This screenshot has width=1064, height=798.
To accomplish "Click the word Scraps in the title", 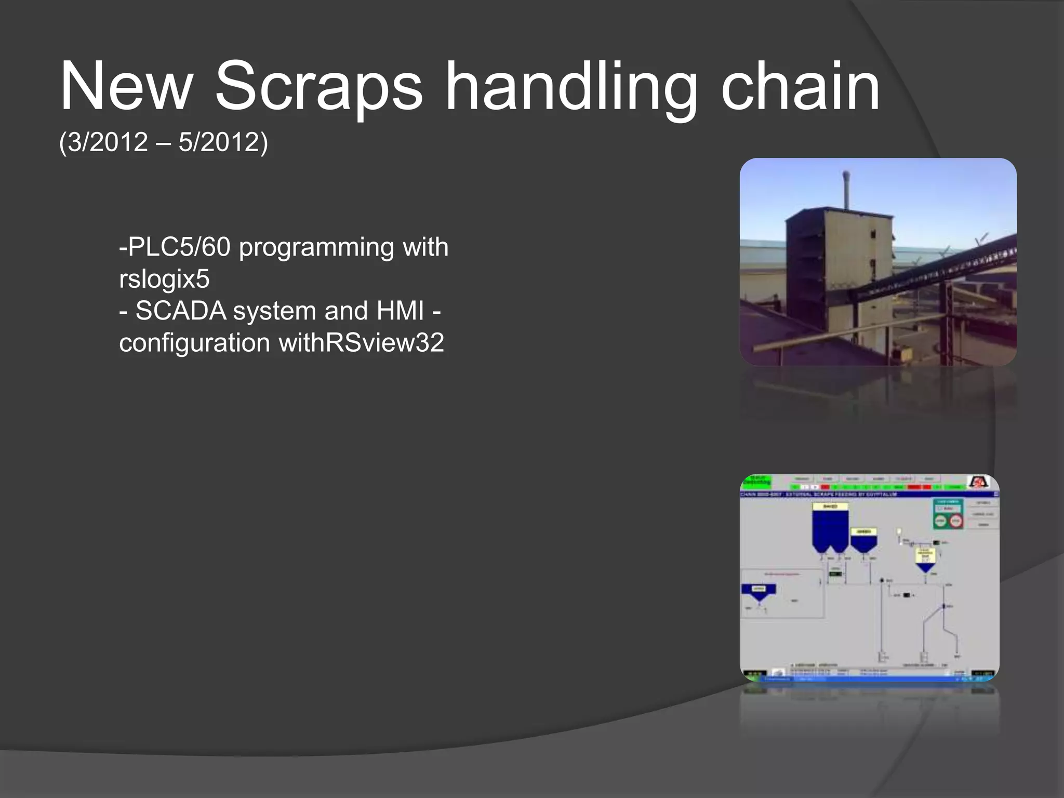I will [318, 87].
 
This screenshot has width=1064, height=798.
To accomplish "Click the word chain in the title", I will [800, 87].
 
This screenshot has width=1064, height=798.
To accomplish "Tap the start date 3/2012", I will [108, 142].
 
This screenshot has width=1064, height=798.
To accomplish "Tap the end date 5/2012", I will [219, 142].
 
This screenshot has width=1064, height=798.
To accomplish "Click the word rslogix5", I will [164, 279].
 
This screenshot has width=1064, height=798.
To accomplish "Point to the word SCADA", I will [181, 311].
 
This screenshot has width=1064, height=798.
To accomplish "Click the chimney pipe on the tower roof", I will [846, 190].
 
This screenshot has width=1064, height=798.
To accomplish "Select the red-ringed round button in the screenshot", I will [955, 521].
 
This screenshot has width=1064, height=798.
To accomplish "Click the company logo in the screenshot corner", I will [978, 482].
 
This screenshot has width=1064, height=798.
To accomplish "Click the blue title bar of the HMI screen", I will [857, 494].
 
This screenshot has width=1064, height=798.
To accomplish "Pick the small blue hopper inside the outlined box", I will [759, 592].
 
